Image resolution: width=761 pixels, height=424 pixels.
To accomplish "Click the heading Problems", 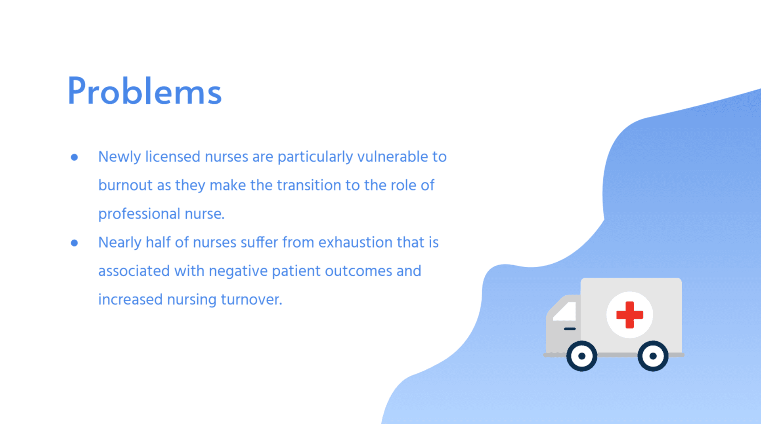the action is (x=145, y=91).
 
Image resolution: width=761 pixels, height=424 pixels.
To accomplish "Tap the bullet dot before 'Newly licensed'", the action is (x=74, y=158).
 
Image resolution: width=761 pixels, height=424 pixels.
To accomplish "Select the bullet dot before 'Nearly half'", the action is (x=74, y=243).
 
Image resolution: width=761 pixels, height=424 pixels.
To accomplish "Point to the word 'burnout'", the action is (x=125, y=185).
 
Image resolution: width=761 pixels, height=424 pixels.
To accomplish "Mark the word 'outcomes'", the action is (x=358, y=271).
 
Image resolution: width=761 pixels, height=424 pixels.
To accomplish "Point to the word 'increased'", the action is (x=130, y=300).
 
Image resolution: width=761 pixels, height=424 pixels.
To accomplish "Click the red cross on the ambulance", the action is (x=629, y=315).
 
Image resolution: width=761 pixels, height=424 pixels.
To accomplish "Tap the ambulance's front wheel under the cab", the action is (x=581, y=356).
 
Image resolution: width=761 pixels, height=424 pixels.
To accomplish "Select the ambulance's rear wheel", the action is (x=653, y=356).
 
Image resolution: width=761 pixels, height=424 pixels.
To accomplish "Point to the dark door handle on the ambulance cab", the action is (x=570, y=329).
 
